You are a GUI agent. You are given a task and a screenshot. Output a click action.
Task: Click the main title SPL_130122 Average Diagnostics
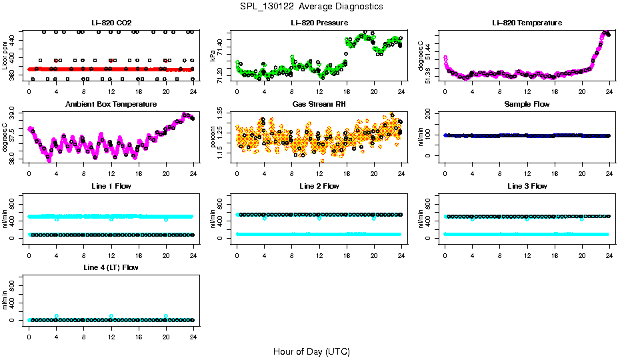pyautogui.click(x=312, y=6)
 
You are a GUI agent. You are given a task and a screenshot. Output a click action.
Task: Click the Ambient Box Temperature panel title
pyautogui.click(x=111, y=105)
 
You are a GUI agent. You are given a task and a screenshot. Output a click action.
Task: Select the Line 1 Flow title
pyautogui.click(x=111, y=186)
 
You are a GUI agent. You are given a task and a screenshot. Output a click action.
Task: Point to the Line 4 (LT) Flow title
pyautogui.click(x=111, y=267)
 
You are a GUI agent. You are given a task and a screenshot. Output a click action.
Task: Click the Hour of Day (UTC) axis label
pyautogui.click(x=311, y=351)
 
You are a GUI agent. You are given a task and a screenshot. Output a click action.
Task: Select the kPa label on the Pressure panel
pyautogui.click(x=213, y=55)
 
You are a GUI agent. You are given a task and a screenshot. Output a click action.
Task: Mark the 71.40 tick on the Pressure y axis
pyautogui.click(x=222, y=43)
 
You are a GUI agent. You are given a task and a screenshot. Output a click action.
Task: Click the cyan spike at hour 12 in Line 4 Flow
pyautogui.click(x=111, y=316)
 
